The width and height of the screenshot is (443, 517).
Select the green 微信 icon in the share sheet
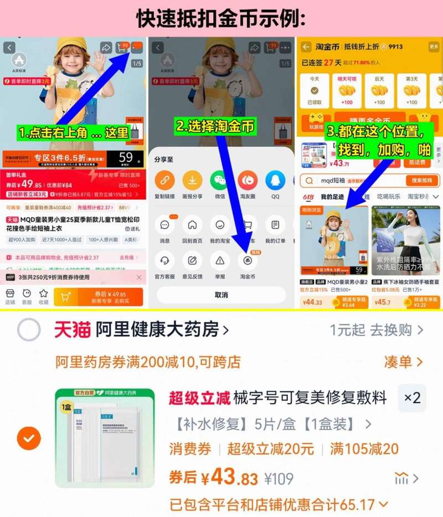[x=219, y=180]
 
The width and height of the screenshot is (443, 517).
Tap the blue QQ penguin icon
[x=275, y=180]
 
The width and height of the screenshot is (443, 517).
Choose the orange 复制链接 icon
[x=164, y=180]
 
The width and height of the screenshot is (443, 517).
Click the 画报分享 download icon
[x=192, y=180]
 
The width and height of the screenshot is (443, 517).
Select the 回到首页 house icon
[x=192, y=225]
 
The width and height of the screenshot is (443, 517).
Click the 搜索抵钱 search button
[x=422, y=180]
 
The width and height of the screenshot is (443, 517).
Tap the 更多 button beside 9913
[x=433, y=47]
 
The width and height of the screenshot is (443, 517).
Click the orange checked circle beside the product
[x=29, y=439]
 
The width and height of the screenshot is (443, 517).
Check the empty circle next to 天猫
[x=29, y=330]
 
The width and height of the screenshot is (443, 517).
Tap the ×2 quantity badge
[x=412, y=397]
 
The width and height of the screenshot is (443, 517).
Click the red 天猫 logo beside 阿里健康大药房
[x=72, y=330]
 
